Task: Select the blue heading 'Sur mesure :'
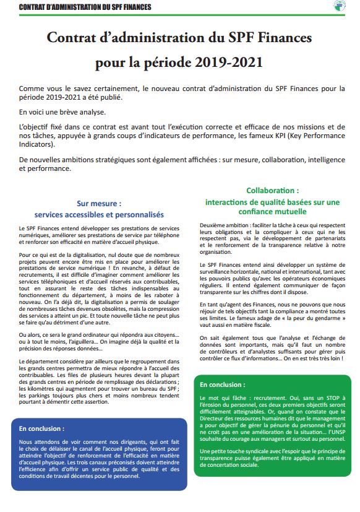[x=99, y=202]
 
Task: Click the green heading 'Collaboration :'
[x=272, y=191]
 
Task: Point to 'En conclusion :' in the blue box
[x=41, y=428]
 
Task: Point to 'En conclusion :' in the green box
[x=222, y=384]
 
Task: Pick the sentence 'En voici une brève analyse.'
[x=62, y=112]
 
